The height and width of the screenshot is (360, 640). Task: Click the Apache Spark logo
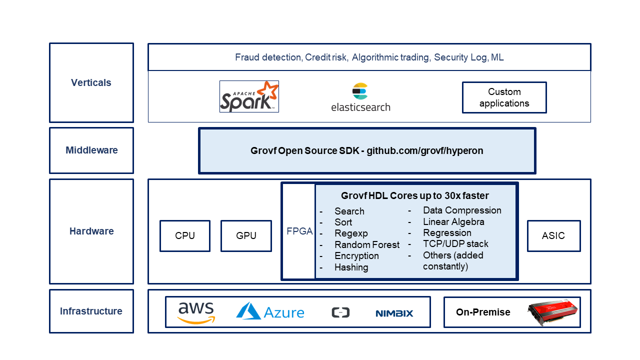[x=249, y=96]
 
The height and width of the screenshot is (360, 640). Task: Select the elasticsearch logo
[x=360, y=97]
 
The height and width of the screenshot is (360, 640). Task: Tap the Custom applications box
[x=504, y=97]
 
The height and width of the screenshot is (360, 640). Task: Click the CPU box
[x=185, y=235]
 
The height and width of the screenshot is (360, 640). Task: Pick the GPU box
[x=246, y=235]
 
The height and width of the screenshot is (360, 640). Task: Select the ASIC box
[x=553, y=235]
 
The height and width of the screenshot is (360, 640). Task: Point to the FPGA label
[x=299, y=231]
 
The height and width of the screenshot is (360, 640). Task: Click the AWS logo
[x=196, y=312]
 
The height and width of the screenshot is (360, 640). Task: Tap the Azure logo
[x=270, y=312]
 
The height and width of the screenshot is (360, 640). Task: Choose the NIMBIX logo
[x=394, y=313]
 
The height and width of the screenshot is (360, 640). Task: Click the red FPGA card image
[x=553, y=312]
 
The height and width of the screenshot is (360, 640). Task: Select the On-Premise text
[x=483, y=312]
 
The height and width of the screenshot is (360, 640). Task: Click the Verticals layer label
[x=91, y=83]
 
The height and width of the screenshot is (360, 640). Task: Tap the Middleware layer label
[x=91, y=150]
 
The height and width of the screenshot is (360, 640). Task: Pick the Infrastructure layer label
[x=91, y=311]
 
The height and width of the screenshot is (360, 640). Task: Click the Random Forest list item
[x=367, y=244]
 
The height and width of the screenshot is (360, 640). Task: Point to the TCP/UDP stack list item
[x=455, y=243]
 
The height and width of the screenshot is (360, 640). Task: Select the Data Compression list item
[x=462, y=210]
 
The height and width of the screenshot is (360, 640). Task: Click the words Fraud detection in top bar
[x=268, y=57]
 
